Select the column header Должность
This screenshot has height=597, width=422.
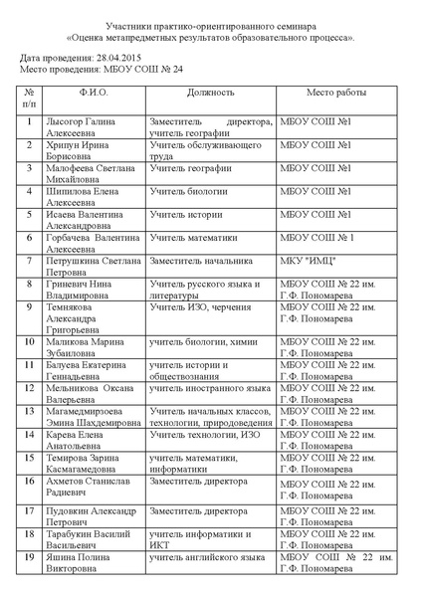point(211,92)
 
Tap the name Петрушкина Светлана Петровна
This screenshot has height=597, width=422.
point(93,266)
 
